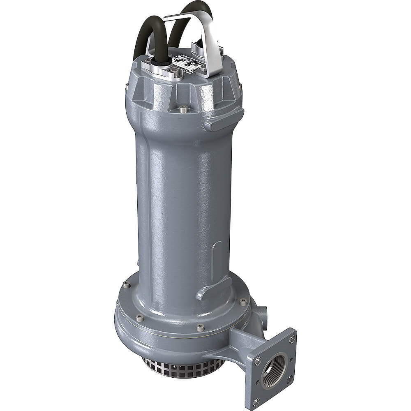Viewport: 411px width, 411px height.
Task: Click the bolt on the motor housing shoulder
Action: click(184, 109)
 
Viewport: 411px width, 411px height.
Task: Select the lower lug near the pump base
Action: click(214, 287)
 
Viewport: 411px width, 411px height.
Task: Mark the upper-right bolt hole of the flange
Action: click(292, 338)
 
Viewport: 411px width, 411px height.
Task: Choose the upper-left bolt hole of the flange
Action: click(257, 361)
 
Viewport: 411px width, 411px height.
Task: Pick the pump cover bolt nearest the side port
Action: click(243, 302)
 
